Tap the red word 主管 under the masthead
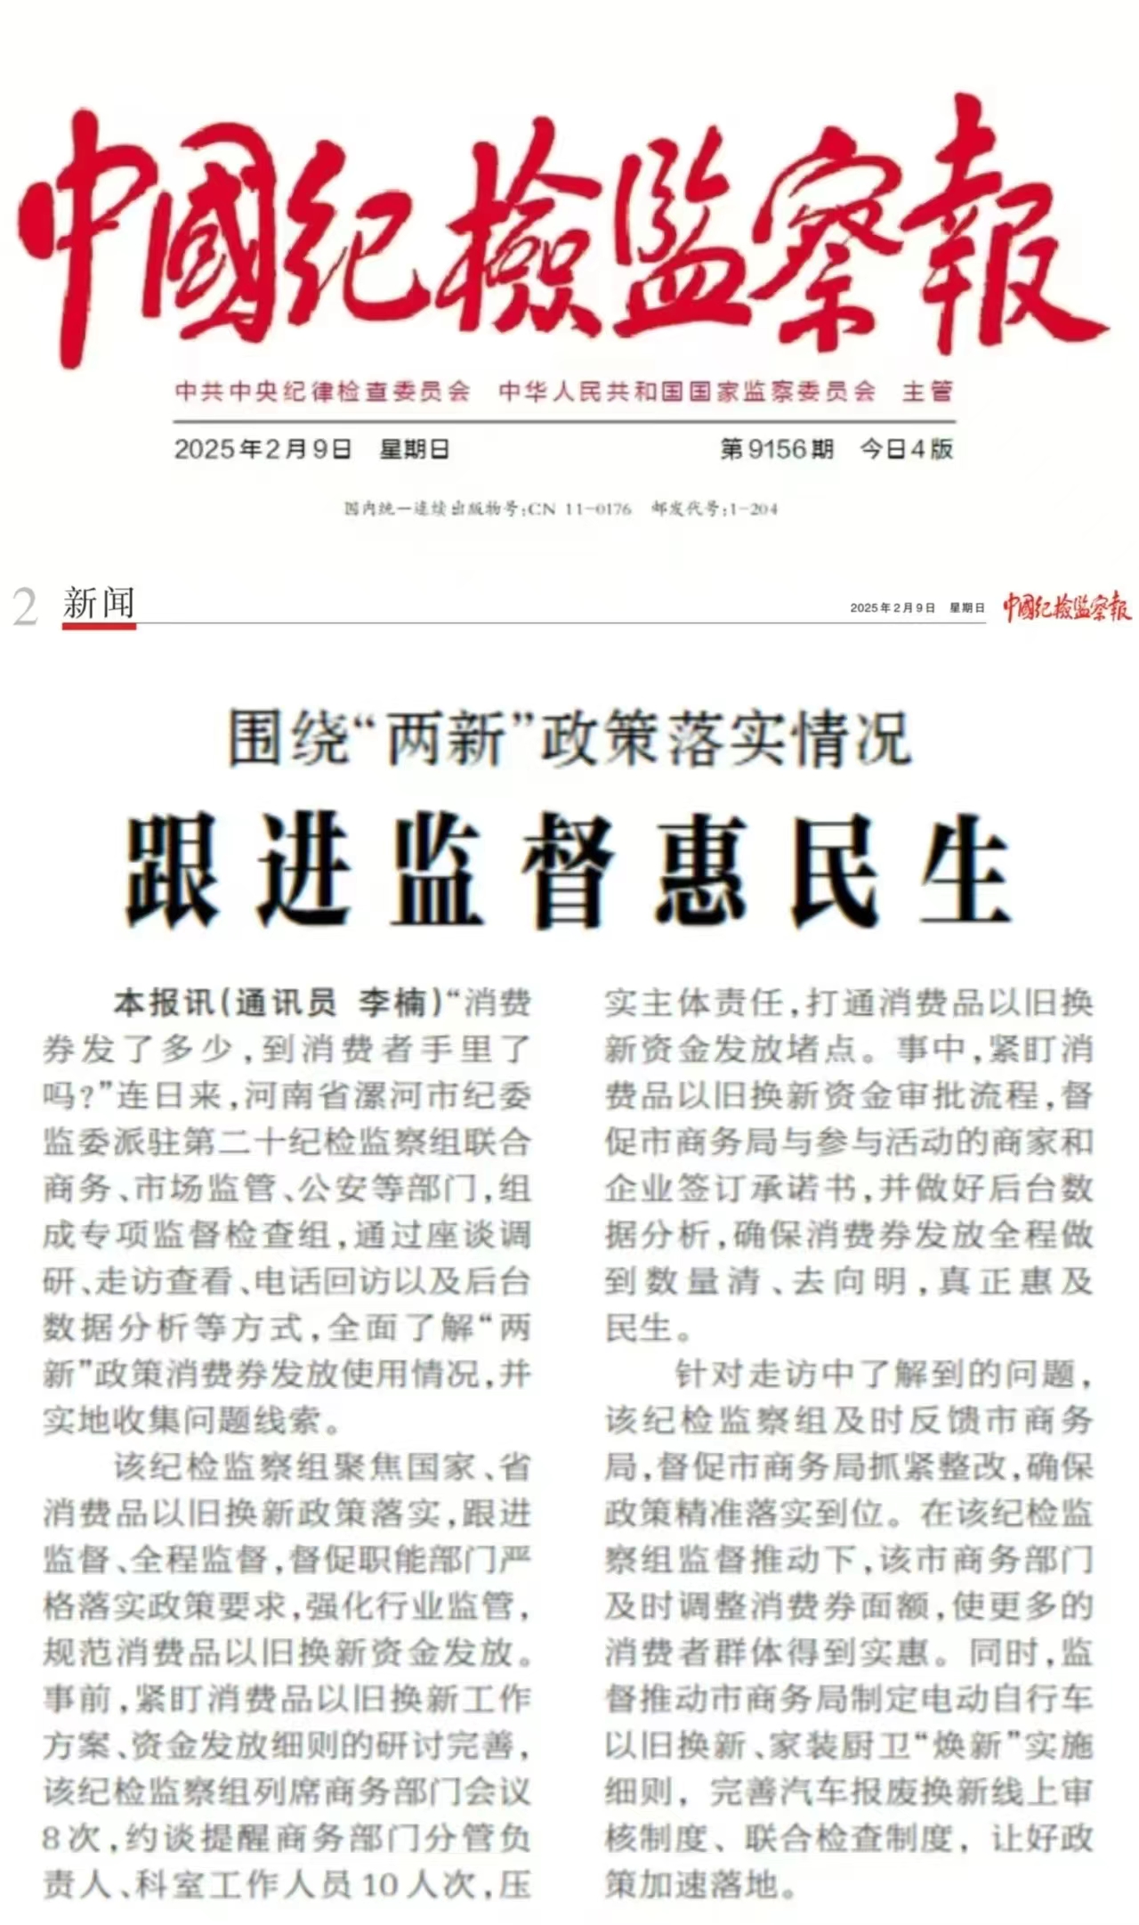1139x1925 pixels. (927, 392)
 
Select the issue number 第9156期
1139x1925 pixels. (777, 449)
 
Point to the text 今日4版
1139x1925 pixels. (906, 449)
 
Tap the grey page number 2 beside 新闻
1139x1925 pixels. (26, 608)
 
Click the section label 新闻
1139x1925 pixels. (99, 604)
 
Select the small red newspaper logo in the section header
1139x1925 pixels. (1067, 607)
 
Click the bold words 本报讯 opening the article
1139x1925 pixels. (165, 1003)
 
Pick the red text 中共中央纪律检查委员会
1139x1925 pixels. (322, 392)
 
